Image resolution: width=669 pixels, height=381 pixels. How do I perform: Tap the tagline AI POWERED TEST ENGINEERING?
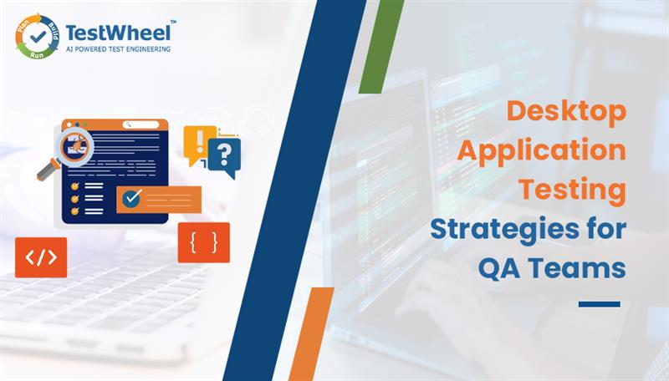click(118, 49)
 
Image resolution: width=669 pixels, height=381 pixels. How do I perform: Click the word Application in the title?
click(554, 152)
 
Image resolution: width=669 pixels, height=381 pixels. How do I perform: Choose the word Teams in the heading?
click(585, 267)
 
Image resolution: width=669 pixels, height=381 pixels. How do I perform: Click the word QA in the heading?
click(502, 267)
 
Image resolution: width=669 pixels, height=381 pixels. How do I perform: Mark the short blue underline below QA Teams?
click(599, 304)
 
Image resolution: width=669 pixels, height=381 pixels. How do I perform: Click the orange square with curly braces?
click(203, 242)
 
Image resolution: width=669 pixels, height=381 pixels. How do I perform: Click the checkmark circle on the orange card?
click(130, 198)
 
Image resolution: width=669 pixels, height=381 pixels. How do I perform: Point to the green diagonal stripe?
click(381, 46)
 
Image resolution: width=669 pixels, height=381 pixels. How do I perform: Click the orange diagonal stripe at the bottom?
click(304, 334)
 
